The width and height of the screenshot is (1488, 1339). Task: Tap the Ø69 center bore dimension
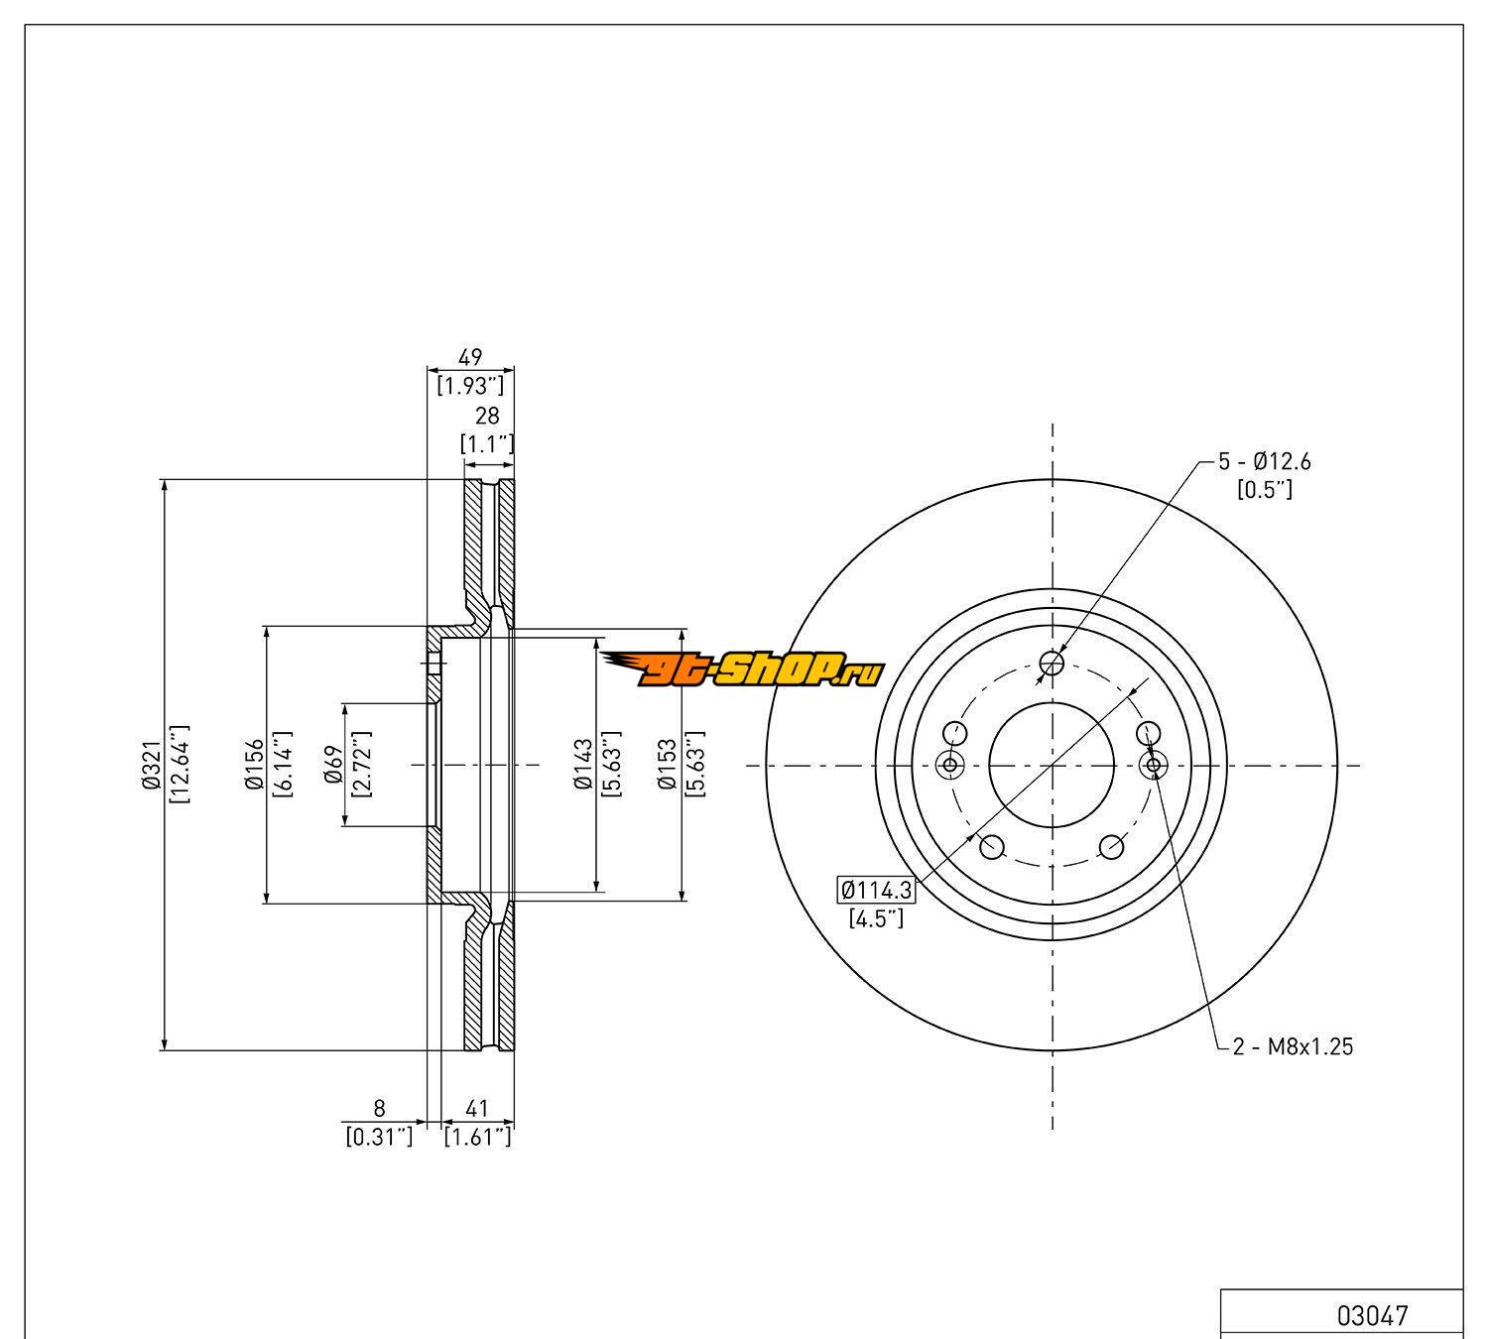333,765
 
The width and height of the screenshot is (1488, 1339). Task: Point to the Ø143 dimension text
582,765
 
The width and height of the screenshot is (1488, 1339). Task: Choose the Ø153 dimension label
668,765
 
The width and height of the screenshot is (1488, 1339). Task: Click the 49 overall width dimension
470,358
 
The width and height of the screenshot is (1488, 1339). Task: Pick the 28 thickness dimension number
487,416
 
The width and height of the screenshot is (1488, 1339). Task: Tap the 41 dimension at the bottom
478,1109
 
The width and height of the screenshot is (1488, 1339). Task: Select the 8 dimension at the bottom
379,1109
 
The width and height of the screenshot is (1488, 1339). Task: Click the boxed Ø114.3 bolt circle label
876,890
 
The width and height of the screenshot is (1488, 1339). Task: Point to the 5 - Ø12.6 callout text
1265,461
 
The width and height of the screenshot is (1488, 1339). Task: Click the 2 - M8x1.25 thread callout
1293,1046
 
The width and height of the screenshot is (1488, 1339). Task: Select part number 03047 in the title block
1372,1315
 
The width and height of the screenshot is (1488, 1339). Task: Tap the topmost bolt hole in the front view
1053,662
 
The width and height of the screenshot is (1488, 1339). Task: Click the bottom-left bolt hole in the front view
991,847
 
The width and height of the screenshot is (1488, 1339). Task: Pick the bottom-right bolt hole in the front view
1112,847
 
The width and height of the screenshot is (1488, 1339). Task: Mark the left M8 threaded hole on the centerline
950,765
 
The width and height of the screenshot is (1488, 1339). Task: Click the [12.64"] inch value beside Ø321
181,765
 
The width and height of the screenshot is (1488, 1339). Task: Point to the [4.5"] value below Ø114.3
876,918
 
